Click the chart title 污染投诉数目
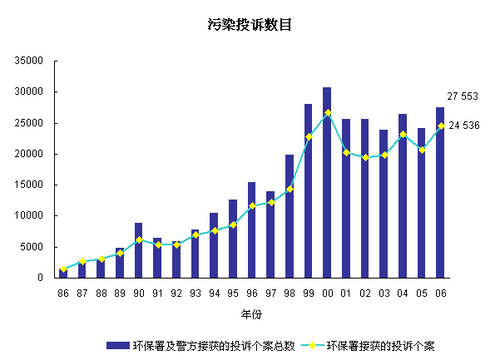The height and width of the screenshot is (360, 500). point(250,26)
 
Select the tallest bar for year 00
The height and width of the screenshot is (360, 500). point(327,183)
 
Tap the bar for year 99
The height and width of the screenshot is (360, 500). point(309,191)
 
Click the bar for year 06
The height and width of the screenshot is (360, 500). point(440,193)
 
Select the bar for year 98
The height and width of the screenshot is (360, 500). point(290,216)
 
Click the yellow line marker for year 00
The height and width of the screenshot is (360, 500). point(328,112)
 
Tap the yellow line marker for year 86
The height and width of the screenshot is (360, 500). point(63,269)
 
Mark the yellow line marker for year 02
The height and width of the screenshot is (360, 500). point(365,157)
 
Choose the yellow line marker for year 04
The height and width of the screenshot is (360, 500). point(403,134)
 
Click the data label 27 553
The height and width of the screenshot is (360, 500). point(463,96)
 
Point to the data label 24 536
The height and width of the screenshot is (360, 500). point(464,126)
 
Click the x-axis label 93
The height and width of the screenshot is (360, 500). point(196,293)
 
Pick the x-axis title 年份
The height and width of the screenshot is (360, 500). point(251,315)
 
